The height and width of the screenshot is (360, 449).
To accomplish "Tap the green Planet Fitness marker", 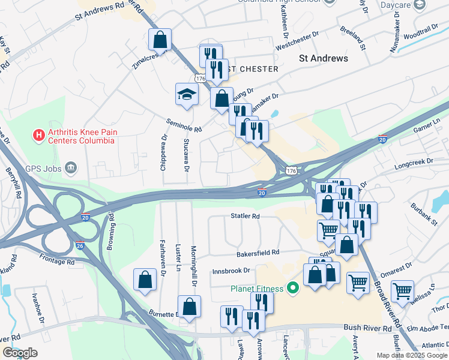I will tap(294, 289).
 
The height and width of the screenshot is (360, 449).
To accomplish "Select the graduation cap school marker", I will tap(187, 94).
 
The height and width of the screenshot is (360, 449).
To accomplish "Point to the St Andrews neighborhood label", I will tap(324, 58).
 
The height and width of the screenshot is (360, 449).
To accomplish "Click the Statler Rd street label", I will tap(245, 215).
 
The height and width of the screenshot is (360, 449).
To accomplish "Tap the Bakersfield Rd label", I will tap(258, 253).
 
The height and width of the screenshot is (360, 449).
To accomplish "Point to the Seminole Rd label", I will tap(184, 125).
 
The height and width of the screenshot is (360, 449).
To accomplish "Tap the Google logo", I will tap(20, 352).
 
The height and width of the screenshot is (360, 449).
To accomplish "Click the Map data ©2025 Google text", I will tap(411, 355).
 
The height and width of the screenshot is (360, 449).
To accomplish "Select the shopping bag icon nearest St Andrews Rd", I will tap(160, 40).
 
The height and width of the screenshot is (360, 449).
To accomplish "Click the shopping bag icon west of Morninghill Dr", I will tap(145, 280).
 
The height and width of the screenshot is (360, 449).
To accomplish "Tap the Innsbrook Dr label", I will tap(231, 271).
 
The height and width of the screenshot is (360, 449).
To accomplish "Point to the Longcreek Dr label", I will tap(414, 161).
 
